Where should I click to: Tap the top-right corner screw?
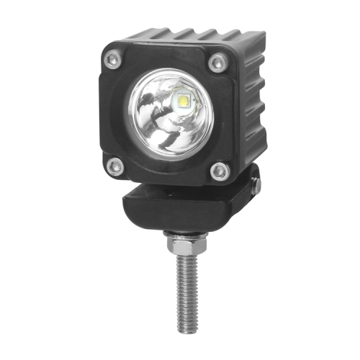coord(216,63)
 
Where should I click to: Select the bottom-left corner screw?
coord(113,168)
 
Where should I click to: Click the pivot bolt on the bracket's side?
coord(255,185)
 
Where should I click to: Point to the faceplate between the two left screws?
coord(108,114)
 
